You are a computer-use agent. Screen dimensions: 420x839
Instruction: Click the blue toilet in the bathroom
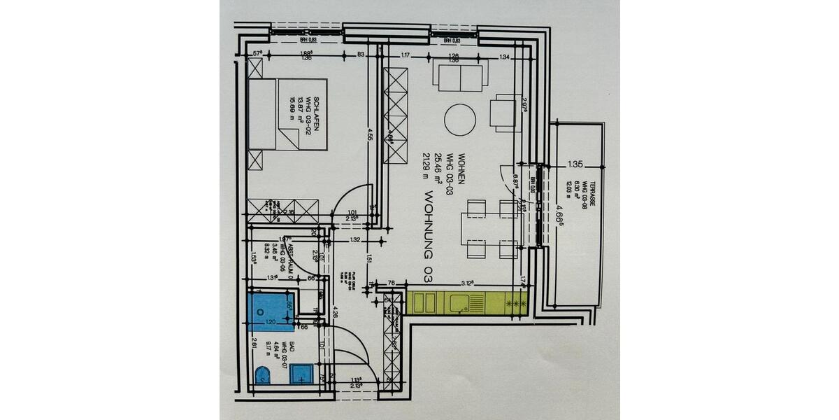tap(263, 374)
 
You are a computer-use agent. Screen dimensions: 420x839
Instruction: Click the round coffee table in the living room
tap(461, 120)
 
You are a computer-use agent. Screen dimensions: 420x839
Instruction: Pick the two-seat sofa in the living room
tap(461, 76)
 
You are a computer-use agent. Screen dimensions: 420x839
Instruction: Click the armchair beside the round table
tap(505, 113)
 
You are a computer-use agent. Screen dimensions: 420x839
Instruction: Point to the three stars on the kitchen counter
tap(515, 303)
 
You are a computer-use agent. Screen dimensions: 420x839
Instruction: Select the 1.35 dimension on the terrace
tap(575, 165)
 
